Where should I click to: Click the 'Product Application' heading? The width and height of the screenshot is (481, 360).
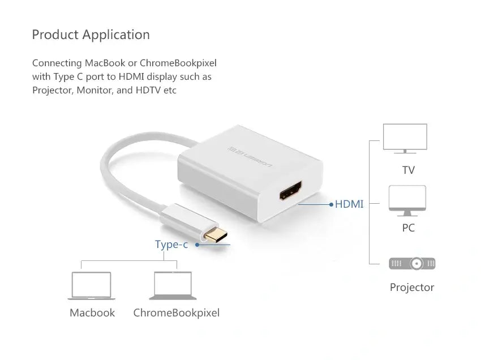pos(91,35)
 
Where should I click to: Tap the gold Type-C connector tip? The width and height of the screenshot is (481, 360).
pos(216,235)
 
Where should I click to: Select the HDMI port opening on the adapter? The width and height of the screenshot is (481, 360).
pos(290,191)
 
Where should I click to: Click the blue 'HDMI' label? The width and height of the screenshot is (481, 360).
pos(349,204)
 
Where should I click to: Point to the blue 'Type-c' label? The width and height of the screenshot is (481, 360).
pos(171,245)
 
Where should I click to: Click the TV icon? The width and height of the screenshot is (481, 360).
pos(405,139)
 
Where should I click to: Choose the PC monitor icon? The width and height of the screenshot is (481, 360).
pos(407,201)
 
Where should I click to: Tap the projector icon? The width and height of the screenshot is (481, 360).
pos(412,263)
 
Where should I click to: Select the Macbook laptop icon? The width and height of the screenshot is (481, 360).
pos(92,285)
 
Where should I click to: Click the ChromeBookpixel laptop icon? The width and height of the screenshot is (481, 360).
pos(173,285)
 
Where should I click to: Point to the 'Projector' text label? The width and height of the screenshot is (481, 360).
pos(412,287)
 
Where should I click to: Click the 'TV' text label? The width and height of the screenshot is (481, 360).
pos(409,170)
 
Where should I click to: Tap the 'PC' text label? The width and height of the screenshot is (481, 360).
pos(409,228)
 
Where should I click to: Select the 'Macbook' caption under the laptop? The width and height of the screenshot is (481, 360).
pos(92,313)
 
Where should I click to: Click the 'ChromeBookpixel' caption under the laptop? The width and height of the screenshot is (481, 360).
pos(177,313)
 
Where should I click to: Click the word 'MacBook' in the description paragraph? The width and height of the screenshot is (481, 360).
pos(105,63)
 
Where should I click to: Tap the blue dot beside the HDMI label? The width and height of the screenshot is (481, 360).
pos(331,204)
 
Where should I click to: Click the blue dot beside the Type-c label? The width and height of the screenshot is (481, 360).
pos(197,245)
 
